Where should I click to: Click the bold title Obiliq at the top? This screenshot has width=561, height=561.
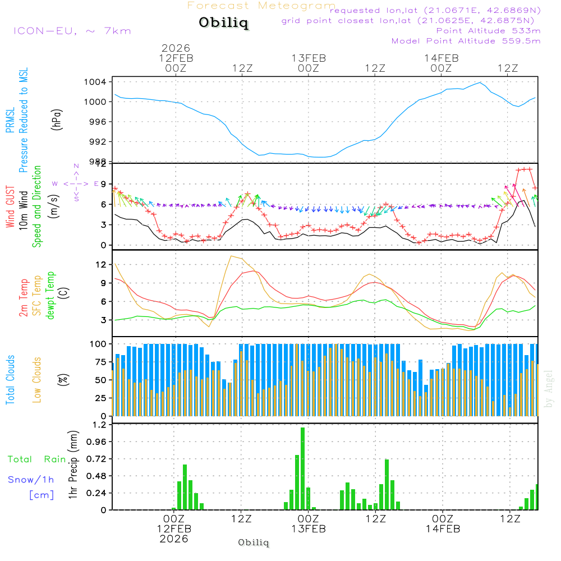[x=223, y=24]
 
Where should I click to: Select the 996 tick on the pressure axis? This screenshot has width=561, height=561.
[x=99, y=122]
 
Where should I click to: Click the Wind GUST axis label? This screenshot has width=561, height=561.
[x=11, y=206]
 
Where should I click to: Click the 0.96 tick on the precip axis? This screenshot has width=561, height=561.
[x=95, y=442]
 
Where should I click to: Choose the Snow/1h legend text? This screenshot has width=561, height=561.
[x=31, y=480]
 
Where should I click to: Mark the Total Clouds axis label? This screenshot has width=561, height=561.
[x=11, y=380]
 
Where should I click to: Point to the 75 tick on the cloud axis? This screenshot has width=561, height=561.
[x=102, y=362]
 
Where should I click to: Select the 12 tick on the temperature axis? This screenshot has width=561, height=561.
[x=102, y=264]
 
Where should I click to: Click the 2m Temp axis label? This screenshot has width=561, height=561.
[x=24, y=297]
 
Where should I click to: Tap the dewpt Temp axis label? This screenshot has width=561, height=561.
[x=51, y=296]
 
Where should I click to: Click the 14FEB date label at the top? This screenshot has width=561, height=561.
[x=442, y=58]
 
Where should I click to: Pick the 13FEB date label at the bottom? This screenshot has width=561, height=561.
[x=308, y=528]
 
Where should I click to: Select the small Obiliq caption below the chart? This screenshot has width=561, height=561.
[x=254, y=542]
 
